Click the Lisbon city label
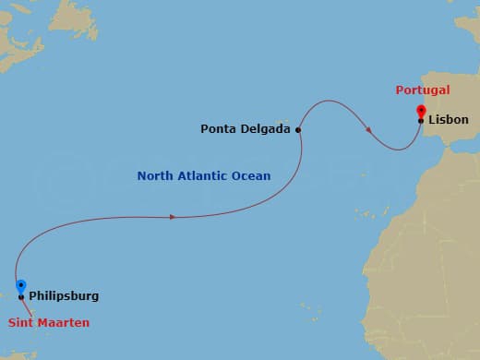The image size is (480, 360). (x=449, y=120)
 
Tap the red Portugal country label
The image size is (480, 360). (x=422, y=90)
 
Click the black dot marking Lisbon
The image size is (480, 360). (x=421, y=121)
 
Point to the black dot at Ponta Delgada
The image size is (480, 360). (x=298, y=130)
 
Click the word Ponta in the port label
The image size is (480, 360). (x=218, y=129)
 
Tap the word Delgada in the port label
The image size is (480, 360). (x=265, y=129)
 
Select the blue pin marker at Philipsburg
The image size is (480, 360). (x=20, y=286)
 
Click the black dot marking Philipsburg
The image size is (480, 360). (x=20, y=297)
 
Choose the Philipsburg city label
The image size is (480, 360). (x=64, y=296)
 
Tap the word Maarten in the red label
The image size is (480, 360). (x=67, y=322)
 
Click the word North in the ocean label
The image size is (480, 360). (x=154, y=175)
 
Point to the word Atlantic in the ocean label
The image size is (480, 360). (x=203, y=175)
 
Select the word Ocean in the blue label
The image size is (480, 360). (x=252, y=175)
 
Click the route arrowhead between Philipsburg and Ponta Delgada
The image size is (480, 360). (x=173, y=217)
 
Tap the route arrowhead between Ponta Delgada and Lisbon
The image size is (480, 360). (x=370, y=130)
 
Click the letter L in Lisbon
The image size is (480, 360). (x=432, y=120)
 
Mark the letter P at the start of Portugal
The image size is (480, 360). (x=400, y=90)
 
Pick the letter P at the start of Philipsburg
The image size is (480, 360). (x=33, y=296)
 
